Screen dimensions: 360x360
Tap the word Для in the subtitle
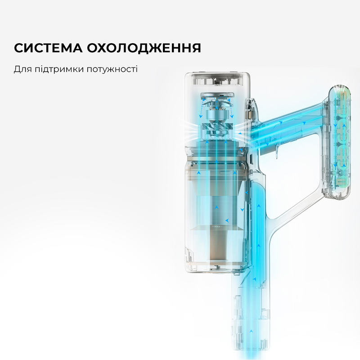coord(22,70)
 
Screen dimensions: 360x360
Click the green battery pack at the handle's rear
coord(340,139)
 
